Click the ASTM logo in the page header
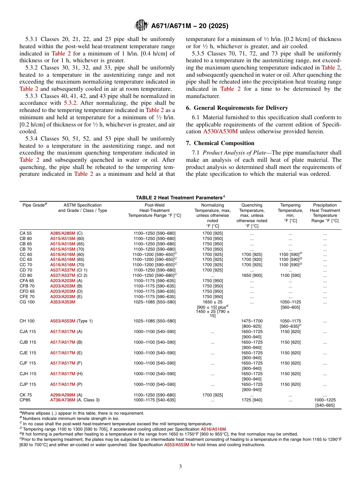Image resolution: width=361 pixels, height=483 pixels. click(141, 26)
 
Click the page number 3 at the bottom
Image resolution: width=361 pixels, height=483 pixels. click(180, 467)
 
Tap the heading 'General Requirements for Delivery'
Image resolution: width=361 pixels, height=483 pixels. click(237, 108)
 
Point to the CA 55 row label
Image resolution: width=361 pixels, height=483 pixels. click(26, 233)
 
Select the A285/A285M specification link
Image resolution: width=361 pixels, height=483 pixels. click(63, 233)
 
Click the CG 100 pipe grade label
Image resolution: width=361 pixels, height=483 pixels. click(27, 302)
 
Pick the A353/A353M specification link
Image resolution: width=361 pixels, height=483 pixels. click(63, 302)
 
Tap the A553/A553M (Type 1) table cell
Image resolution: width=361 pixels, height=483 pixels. click(71, 321)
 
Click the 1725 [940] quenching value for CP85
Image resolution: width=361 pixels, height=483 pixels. click(252, 400)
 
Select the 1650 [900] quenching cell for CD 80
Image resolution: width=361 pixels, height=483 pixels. click(252, 275)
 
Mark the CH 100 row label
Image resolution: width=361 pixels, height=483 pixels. click(27, 321)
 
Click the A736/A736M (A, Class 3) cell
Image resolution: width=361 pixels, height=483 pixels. click(75, 400)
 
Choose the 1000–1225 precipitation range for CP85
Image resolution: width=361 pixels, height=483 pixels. click(325, 400)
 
